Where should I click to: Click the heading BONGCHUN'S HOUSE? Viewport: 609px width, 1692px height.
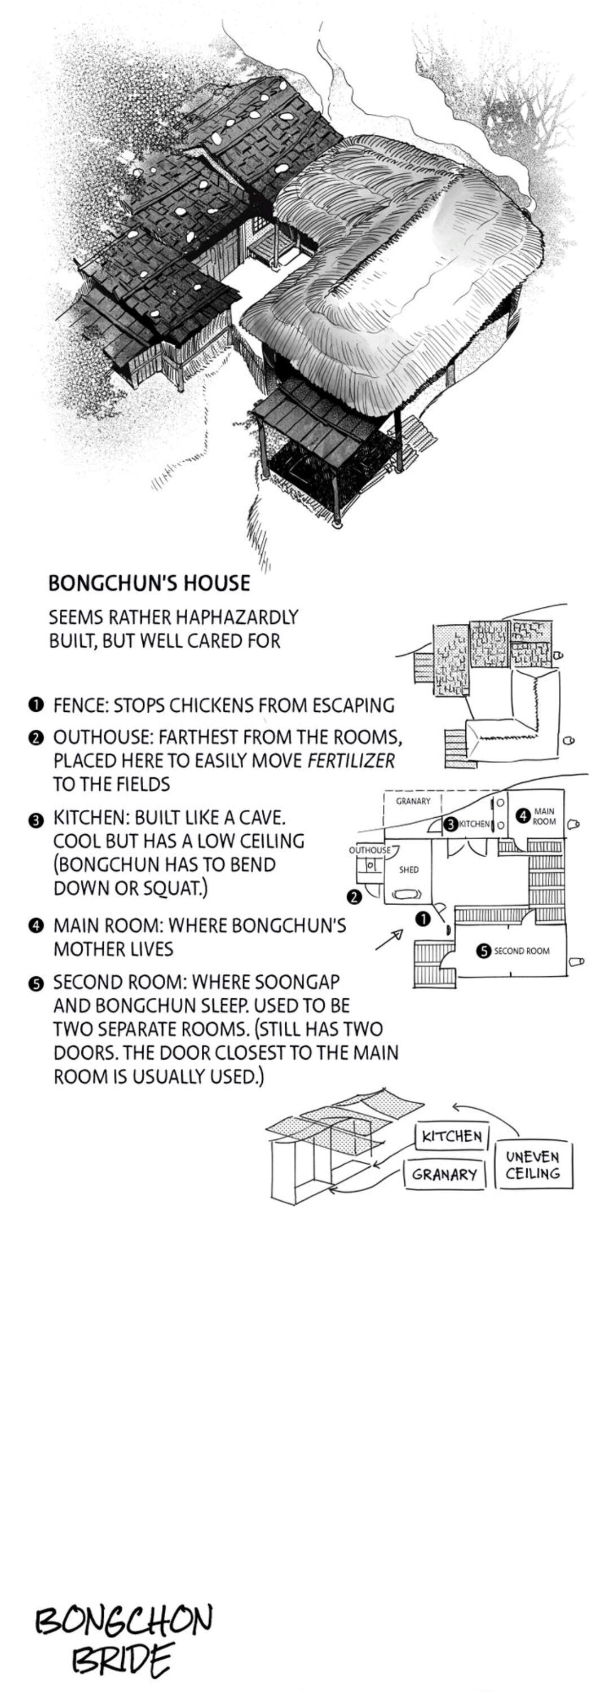click(x=149, y=583)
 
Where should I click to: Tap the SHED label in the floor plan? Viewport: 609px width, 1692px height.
click(x=409, y=870)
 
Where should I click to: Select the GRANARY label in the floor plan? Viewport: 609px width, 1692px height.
click(x=413, y=801)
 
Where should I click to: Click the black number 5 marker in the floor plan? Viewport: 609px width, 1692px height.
click(x=483, y=950)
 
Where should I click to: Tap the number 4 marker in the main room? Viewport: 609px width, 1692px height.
click(x=523, y=817)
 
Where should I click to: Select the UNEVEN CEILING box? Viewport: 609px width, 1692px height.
click(x=533, y=1165)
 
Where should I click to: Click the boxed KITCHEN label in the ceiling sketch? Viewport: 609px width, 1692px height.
click(x=452, y=1136)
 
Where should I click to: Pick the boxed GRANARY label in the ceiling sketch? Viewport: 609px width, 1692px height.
click(x=444, y=1174)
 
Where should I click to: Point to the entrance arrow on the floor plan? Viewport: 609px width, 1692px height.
click(x=389, y=940)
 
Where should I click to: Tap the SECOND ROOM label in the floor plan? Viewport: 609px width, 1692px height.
click(x=522, y=950)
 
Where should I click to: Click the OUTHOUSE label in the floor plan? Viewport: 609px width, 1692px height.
click(x=369, y=850)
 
